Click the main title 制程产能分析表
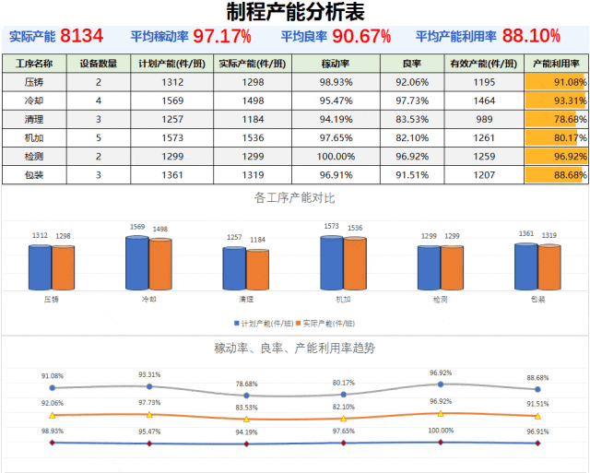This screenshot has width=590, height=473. [x=294, y=12]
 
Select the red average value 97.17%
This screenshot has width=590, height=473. [x=222, y=37]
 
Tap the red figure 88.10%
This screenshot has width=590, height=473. [x=532, y=37]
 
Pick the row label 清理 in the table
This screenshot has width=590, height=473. [x=34, y=119]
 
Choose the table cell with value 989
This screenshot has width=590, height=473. [x=484, y=119]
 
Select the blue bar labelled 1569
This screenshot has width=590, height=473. [x=137, y=263]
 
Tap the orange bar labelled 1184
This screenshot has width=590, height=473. [x=257, y=269]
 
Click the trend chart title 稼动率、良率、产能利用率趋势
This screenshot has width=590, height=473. [x=294, y=348]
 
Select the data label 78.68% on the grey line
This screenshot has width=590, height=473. [x=246, y=384]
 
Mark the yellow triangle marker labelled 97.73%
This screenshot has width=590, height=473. [x=149, y=414]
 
